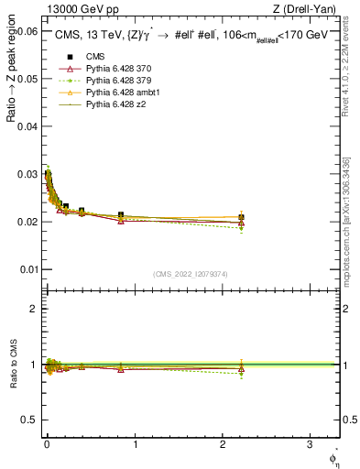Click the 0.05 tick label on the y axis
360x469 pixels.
(x=27, y=79)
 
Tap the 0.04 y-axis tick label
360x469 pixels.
(x=27, y=126)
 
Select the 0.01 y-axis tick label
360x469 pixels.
(x=27, y=269)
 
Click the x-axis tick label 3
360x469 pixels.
(x=311, y=444)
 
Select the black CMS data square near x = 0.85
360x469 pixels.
(x=121, y=215)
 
